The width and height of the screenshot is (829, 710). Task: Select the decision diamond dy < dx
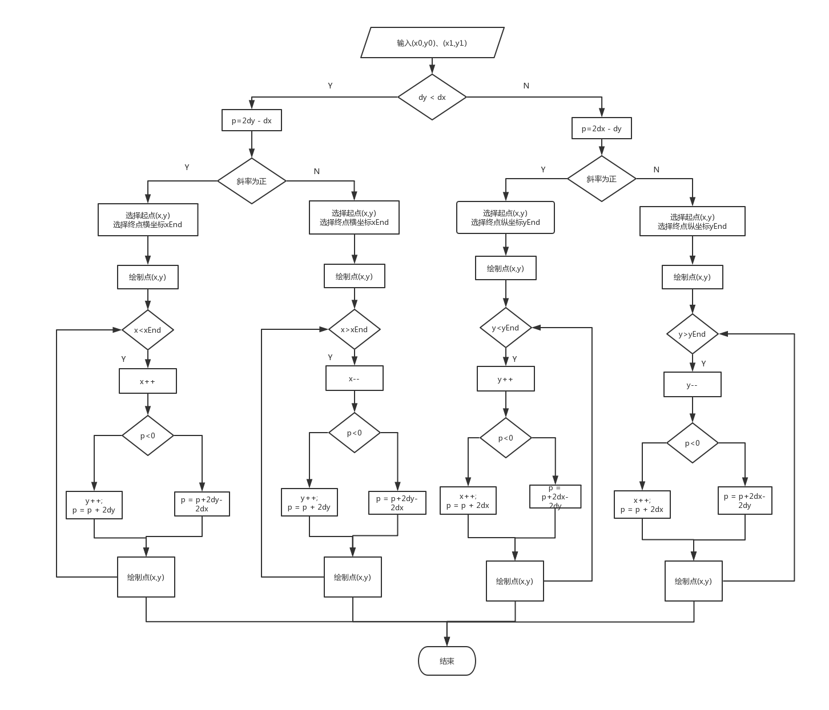tap(432, 97)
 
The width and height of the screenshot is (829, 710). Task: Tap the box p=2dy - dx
tap(251, 121)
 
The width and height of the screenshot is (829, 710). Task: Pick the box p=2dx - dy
tap(601, 128)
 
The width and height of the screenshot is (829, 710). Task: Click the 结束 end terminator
tap(447, 661)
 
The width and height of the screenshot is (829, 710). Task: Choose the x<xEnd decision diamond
tap(147, 330)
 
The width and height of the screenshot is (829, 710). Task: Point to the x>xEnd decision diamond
tap(354, 329)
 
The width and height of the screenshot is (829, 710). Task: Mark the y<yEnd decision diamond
tap(505, 328)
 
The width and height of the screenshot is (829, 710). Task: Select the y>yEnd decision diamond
tap(692, 334)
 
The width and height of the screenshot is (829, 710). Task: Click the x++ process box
tap(147, 381)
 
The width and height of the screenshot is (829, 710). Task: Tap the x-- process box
tap(354, 378)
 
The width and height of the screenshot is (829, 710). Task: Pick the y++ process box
tap(505, 379)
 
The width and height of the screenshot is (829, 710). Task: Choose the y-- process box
tap(692, 385)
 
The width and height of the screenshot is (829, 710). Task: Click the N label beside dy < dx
tap(526, 86)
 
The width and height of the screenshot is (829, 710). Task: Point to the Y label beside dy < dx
tap(330, 86)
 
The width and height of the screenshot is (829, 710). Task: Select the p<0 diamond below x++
tap(147, 435)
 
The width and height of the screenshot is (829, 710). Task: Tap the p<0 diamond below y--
tap(692, 443)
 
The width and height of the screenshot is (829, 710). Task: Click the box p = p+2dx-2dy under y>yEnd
tap(745, 501)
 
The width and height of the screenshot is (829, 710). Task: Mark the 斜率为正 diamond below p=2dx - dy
tap(601, 179)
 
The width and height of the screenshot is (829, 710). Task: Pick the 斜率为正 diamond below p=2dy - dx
tap(251, 181)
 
